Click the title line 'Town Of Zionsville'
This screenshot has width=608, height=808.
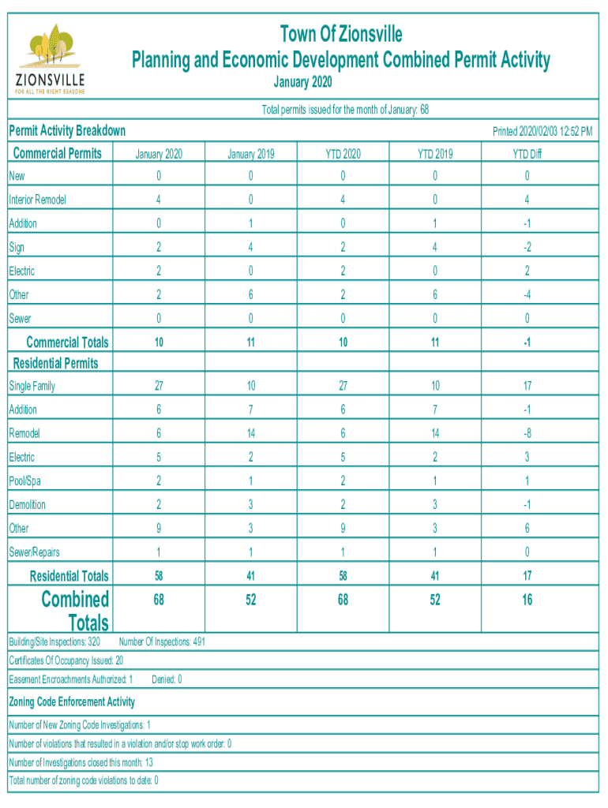(x=341, y=34)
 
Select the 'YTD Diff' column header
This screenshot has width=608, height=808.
(x=527, y=154)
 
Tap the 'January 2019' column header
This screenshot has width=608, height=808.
(x=250, y=154)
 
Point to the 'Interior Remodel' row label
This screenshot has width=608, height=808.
(x=37, y=200)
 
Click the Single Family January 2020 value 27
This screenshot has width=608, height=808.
(x=159, y=386)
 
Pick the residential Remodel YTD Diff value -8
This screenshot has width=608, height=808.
(x=527, y=433)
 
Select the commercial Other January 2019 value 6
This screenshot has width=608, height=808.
(x=250, y=294)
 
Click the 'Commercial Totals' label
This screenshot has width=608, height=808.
(x=67, y=342)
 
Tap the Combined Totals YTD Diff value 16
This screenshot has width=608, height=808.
(x=527, y=600)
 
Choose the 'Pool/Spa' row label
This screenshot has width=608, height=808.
(x=24, y=481)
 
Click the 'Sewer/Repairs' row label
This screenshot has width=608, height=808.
(x=34, y=552)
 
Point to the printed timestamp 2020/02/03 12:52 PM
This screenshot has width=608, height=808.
(x=542, y=131)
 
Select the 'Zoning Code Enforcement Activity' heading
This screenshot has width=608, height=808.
(x=72, y=701)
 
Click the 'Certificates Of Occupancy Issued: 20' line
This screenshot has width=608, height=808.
(x=66, y=660)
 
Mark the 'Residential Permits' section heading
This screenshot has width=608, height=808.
(x=56, y=363)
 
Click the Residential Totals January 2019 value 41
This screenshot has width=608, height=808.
(x=250, y=576)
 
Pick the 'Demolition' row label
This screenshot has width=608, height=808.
(x=27, y=504)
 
